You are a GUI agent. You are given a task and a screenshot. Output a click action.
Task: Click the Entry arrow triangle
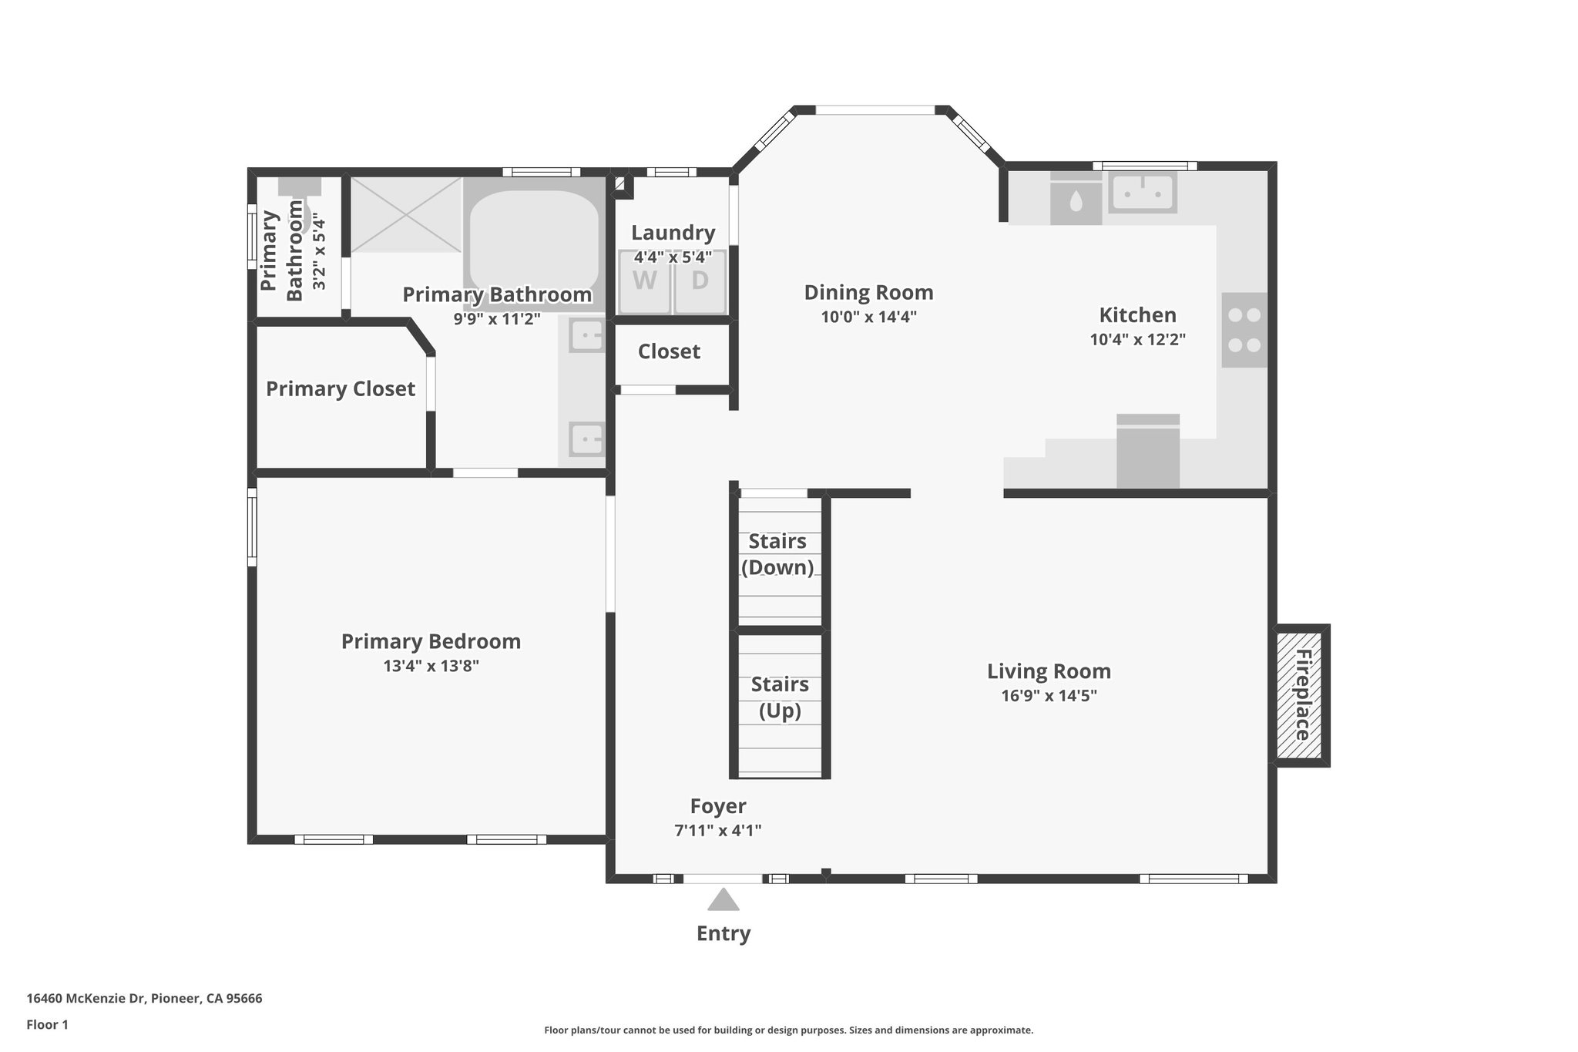(723, 900)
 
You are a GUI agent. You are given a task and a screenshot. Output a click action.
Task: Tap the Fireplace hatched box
(1301, 695)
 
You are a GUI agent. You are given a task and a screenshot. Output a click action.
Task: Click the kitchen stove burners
(1244, 330)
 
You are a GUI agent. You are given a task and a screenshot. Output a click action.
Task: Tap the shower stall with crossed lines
(407, 214)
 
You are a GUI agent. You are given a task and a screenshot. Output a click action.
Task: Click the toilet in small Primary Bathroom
(300, 202)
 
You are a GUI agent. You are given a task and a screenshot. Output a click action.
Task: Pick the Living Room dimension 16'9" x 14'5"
(1049, 696)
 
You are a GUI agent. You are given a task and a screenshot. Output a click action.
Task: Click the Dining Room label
(868, 293)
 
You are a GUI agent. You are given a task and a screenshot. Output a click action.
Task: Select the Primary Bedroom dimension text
(431, 666)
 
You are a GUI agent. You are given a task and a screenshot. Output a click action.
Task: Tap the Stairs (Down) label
(777, 554)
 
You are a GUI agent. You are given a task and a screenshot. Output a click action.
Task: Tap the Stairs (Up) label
(780, 697)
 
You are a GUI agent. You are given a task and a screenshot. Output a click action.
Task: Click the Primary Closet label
(341, 389)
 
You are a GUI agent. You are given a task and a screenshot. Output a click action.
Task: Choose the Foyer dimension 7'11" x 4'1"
(717, 830)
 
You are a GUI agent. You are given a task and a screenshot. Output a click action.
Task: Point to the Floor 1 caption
(47, 1025)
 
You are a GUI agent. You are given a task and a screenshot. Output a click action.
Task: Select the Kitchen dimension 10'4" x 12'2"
(1137, 339)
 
